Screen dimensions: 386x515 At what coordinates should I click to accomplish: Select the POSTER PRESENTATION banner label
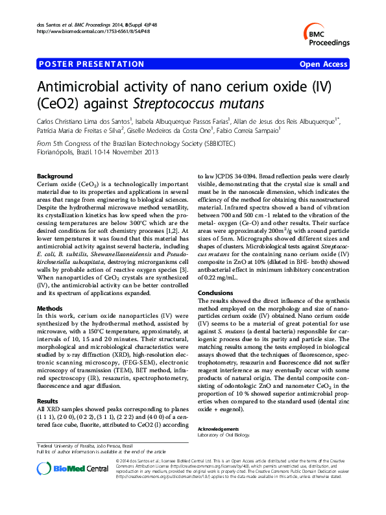pos(92,64)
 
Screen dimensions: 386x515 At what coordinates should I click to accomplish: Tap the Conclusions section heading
pos(215,293)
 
